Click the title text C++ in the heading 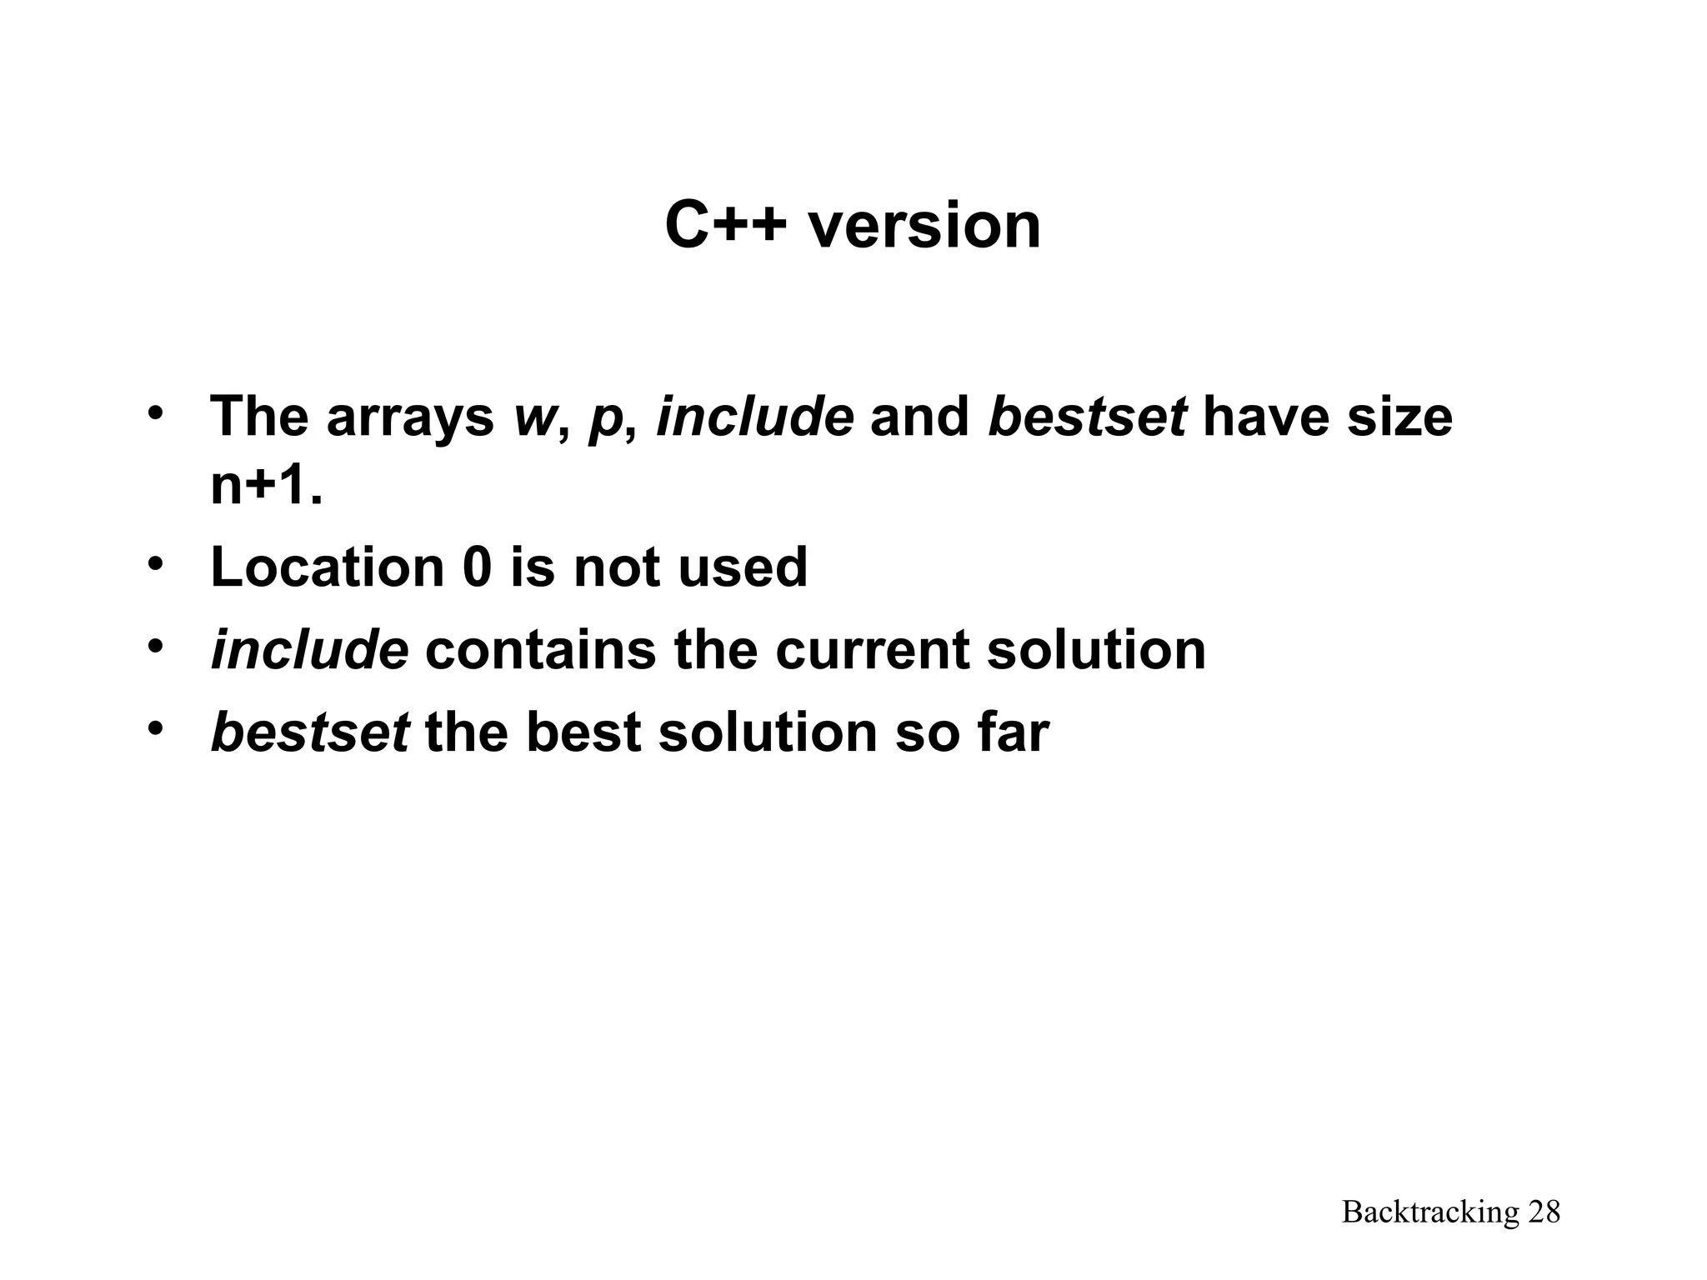pyautogui.click(x=725, y=226)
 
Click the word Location pyautogui.click(x=328, y=567)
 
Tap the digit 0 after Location pyautogui.click(x=477, y=567)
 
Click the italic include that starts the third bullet pyautogui.click(x=309, y=650)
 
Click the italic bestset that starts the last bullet pyautogui.click(x=310, y=732)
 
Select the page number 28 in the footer pyautogui.click(x=1544, y=1212)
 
